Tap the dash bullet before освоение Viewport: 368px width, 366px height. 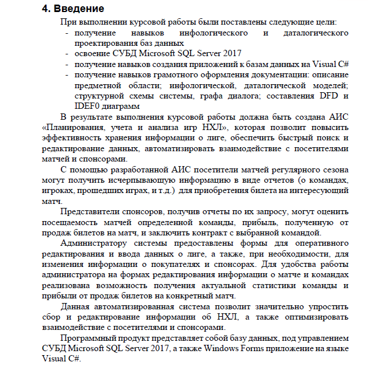(x=68, y=54)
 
